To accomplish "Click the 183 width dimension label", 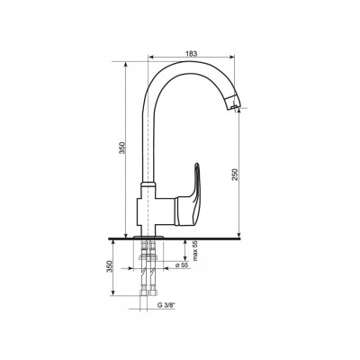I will pyautogui.click(x=191, y=54).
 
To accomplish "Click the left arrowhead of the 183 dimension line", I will pyautogui.click(x=152, y=59).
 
